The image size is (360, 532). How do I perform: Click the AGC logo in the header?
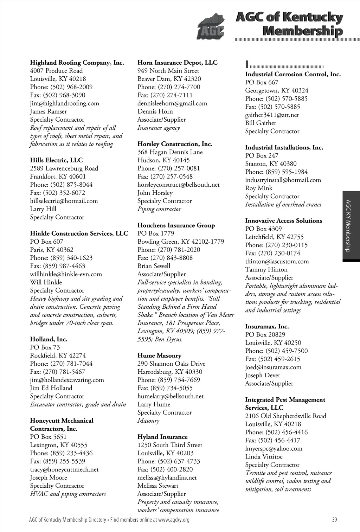click(x=210, y=27)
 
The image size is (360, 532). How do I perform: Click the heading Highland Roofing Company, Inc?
click(x=77, y=63)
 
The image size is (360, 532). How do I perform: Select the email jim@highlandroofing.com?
click(x=64, y=103)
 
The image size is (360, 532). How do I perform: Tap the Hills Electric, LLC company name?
click(x=56, y=160)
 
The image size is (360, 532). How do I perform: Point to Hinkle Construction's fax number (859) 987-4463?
click(x=57, y=266)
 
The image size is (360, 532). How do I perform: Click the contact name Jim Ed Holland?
click(x=51, y=388)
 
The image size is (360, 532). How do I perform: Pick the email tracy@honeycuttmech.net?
click(x=64, y=469)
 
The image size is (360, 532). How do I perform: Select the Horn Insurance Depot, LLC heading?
click(x=177, y=63)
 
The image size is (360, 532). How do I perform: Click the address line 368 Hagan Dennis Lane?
click(x=170, y=152)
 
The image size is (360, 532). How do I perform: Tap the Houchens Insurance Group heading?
click(x=176, y=225)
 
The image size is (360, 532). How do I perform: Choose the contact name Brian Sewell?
click(x=154, y=266)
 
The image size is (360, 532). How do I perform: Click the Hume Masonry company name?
click(x=159, y=355)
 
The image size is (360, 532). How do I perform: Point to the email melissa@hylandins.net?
click(x=167, y=477)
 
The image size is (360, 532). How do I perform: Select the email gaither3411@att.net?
click(x=272, y=115)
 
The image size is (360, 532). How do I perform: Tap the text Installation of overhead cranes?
click(x=283, y=205)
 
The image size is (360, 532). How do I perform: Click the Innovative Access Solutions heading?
click(x=283, y=221)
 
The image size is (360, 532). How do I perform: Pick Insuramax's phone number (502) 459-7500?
click(x=276, y=351)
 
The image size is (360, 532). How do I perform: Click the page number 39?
click(x=334, y=520)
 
